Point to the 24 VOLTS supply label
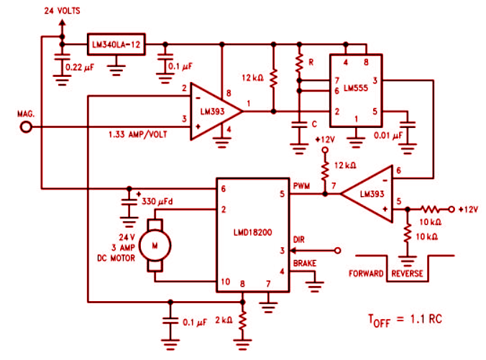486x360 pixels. (61, 11)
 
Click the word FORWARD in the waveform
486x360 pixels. (369, 274)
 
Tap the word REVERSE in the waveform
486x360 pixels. (408, 274)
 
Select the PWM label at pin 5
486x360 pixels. (303, 186)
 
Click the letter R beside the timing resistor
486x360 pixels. (311, 63)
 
